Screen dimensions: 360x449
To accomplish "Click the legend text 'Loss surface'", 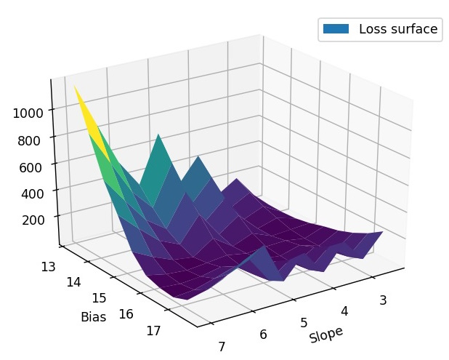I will [x=398, y=29].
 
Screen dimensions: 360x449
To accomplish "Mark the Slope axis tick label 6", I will [x=262, y=334].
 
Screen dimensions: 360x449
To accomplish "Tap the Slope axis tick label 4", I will [x=344, y=311].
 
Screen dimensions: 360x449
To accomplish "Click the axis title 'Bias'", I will [x=94, y=318].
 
